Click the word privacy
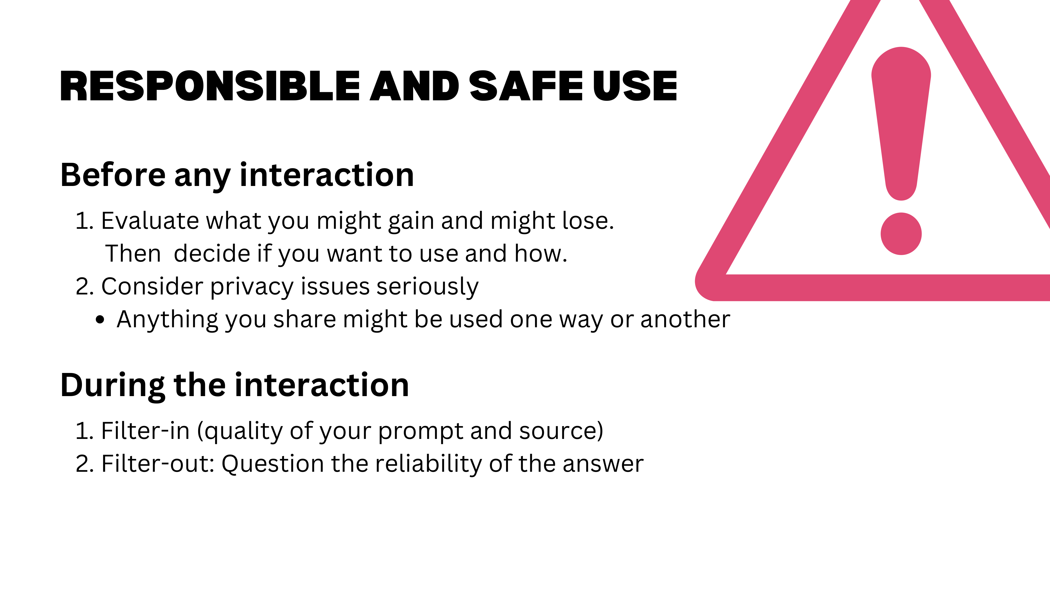[x=251, y=287]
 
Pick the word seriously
[x=427, y=287]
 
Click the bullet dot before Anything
[x=100, y=320]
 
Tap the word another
[x=685, y=319]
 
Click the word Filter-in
[x=145, y=431]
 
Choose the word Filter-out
[x=158, y=464]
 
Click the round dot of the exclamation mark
[x=901, y=234]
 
